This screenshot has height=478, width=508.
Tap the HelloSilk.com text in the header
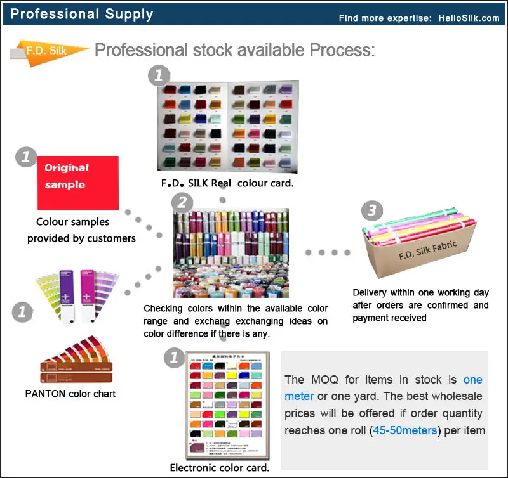click(x=469, y=18)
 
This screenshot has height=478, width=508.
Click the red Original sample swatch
click(x=77, y=183)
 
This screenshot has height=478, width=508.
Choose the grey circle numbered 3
click(x=371, y=210)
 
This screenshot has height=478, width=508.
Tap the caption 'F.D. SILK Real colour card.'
click(x=227, y=184)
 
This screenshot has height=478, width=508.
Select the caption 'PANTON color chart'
click(x=70, y=393)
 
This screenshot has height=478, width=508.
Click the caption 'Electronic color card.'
click(x=220, y=468)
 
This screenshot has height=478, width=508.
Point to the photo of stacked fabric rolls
click(x=231, y=252)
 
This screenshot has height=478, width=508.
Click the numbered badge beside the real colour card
click(x=159, y=76)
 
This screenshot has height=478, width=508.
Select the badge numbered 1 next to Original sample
click(x=25, y=157)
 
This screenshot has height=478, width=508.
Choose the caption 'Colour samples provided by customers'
click(x=81, y=230)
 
